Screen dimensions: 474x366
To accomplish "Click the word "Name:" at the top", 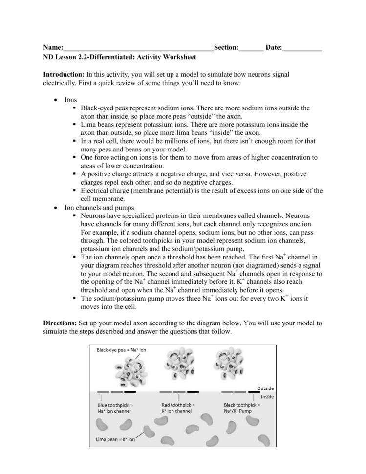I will coord(53,48).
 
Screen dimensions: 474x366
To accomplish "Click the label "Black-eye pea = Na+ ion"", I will coord(121,350).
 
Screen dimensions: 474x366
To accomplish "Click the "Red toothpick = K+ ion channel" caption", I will coord(178,408).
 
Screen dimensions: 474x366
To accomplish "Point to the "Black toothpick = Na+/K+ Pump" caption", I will coord(243,408).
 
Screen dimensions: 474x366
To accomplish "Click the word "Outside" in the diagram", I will coord(264,388).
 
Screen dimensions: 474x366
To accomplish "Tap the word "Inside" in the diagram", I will coord(267,397).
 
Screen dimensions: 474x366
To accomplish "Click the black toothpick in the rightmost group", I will coord(254,392).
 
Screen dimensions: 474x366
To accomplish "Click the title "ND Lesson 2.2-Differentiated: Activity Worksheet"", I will coord(119,57).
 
